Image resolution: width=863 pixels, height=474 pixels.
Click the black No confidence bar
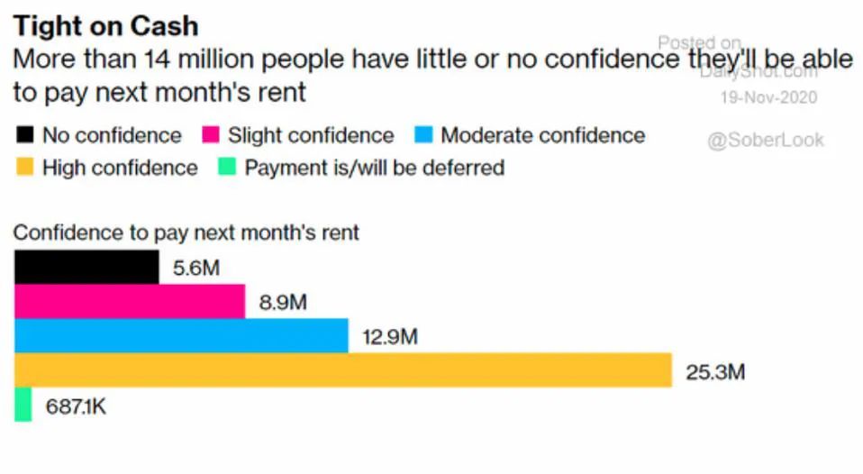pyautogui.click(x=86, y=268)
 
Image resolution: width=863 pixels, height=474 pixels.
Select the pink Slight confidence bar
pyautogui.click(x=130, y=301)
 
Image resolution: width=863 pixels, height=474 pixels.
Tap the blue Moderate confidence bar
pyautogui.click(x=181, y=335)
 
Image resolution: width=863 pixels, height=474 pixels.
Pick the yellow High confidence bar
pyautogui.click(x=343, y=369)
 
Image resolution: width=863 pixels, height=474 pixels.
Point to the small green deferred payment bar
pyautogui.click(x=23, y=405)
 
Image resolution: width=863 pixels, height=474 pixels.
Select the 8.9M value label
pyautogui.click(x=283, y=302)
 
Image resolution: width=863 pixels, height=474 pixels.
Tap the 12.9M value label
pyautogui.click(x=390, y=336)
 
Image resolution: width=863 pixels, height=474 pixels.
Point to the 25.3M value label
pyautogui.click(x=715, y=370)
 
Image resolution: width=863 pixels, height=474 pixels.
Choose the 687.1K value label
pyautogui.click(x=77, y=406)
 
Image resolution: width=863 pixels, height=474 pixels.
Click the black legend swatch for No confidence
pyautogui.click(x=25, y=136)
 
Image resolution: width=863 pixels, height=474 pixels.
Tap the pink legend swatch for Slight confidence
pyautogui.click(x=211, y=136)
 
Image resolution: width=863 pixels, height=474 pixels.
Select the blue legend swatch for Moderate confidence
pyautogui.click(x=423, y=136)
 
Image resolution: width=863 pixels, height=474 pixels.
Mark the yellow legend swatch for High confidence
pyautogui.click(x=25, y=168)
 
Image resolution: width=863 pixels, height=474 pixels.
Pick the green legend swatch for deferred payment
pyautogui.click(x=228, y=168)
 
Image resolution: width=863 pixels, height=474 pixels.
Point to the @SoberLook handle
pyautogui.click(x=765, y=141)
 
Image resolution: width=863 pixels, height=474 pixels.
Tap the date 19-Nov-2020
pyautogui.click(x=768, y=97)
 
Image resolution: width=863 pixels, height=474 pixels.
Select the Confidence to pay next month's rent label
pyautogui.click(x=186, y=232)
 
